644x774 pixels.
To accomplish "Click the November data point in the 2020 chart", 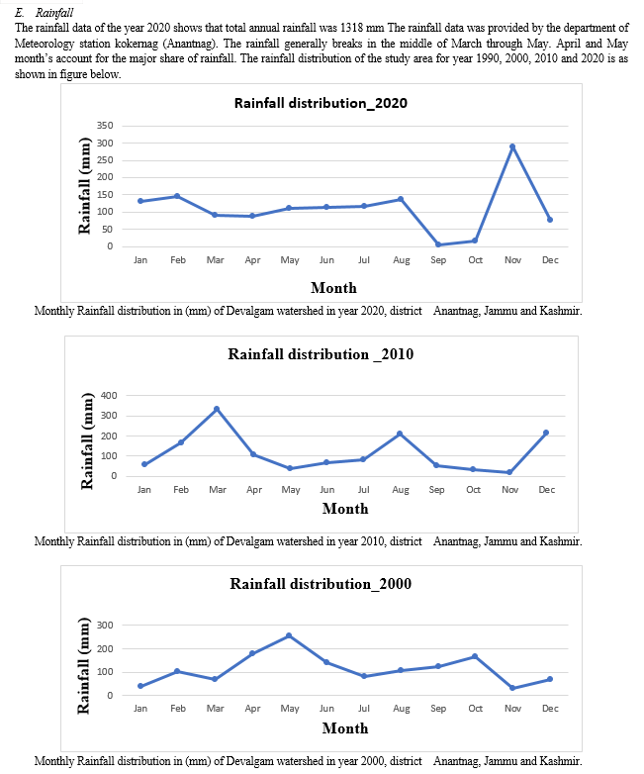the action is coord(512,146).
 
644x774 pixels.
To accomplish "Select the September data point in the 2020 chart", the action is coord(438,244).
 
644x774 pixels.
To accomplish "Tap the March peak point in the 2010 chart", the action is coord(217,409).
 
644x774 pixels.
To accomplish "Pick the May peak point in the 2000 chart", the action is coord(289,635).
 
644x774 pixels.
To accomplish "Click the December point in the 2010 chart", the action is coord(546,433).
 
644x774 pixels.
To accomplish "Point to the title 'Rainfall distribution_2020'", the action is coord(321,103).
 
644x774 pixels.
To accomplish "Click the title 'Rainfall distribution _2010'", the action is coord(321,354).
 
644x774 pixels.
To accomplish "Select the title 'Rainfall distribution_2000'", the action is coord(321,583).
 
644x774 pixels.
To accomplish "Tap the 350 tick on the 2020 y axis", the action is coord(105,126).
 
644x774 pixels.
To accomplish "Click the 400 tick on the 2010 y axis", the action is coord(109,395).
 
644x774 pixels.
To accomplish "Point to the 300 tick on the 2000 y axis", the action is coord(105,625).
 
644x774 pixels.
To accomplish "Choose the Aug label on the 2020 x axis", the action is coord(402,260).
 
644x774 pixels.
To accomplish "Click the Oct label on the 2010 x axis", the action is coord(473,490).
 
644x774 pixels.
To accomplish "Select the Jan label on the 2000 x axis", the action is coord(140,709).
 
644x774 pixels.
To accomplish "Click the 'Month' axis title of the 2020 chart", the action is coord(333,288).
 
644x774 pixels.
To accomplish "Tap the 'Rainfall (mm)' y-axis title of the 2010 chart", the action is coord(87,440).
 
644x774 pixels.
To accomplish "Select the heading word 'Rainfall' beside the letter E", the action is coord(54,12).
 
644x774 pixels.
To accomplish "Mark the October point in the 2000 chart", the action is coord(475,656).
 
